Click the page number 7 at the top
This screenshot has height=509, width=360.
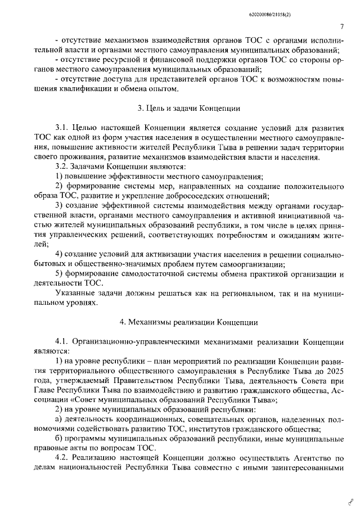click(343, 26)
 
